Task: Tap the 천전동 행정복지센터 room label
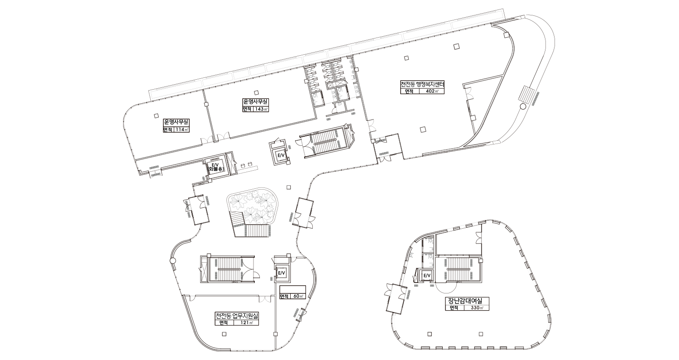point(422,84)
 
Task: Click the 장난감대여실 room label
point(467,301)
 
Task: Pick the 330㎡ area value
point(477,308)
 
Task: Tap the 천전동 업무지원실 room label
point(237,316)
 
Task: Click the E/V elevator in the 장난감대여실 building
point(427,275)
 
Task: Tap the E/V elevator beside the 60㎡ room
point(282,273)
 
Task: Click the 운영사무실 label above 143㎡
point(256,101)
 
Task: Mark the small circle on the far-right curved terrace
point(523,106)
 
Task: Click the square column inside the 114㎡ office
point(156,115)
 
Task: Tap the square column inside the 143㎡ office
point(257,92)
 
